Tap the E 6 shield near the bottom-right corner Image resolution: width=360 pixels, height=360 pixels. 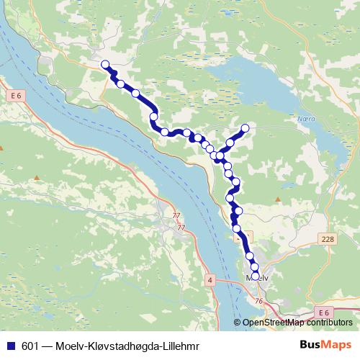tap(325, 312)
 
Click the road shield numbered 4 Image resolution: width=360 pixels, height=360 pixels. tap(210, 278)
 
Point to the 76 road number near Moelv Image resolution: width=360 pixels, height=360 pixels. tap(258, 301)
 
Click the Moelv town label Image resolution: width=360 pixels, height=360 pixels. tap(256, 277)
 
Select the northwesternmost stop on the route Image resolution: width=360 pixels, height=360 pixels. tap(105, 64)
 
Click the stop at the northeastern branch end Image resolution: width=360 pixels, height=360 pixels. tap(245, 128)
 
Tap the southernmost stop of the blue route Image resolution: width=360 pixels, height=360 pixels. tap(255, 274)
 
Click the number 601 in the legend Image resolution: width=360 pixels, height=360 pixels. tap(30, 346)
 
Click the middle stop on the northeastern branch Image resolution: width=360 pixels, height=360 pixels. tap(232, 140)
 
